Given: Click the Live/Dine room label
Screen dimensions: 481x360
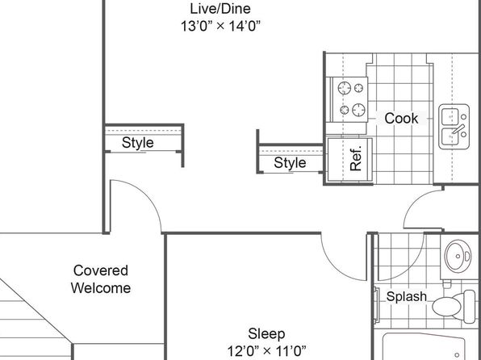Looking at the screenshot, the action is [220, 9].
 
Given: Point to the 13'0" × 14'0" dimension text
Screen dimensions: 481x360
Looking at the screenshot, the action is [220, 26].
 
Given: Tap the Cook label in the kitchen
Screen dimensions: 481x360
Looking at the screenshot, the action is [401, 118].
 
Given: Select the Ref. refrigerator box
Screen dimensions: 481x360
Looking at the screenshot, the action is [350, 160].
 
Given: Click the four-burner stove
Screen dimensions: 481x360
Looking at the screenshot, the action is [350, 99].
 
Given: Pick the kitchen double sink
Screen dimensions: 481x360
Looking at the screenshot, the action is [454, 127].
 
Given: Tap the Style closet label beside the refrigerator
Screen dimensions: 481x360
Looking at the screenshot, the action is [290, 163].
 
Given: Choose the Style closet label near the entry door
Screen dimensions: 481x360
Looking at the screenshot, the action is [138, 143].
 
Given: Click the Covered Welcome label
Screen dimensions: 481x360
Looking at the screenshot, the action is [101, 279].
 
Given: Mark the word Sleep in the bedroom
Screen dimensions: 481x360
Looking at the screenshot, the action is [266, 334].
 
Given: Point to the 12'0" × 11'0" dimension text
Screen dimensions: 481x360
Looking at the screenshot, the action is [266, 350].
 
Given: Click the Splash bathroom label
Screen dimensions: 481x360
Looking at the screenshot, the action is [407, 296].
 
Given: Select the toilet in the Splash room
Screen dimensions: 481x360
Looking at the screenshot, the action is [454, 306].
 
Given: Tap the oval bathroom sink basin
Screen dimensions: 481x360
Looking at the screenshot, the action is [458, 256].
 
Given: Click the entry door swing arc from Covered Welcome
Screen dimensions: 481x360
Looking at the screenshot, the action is [147, 195].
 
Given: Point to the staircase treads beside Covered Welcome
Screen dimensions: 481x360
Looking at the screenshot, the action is [27, 319].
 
